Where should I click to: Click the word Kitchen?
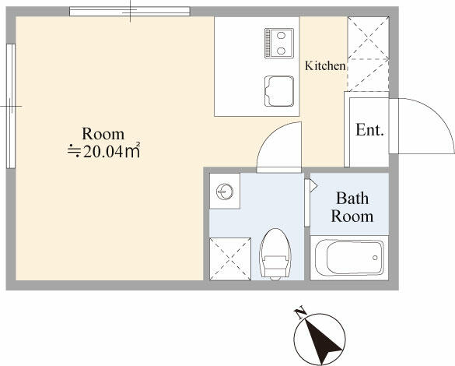click(x=325, y=65)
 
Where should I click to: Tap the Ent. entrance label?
click(x=369, y=130)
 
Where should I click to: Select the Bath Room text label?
click(x=352, y=207)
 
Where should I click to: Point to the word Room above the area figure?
click(x=103, y=134)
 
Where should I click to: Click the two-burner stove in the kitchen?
click(x=279, y=43)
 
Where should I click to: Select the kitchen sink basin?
click(x=279, y=91)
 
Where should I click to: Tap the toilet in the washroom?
click(x=275, y=254)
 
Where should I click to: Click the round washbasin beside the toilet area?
click(x=225, y=192)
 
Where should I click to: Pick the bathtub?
click(x=349, y=258)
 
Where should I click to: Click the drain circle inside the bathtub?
click(x=375, y=258)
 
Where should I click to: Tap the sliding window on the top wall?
click(x=130, y=11)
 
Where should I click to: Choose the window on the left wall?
click(x=11, y=106)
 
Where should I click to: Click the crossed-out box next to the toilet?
click(x=230, y=259)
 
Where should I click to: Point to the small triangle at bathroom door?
click(x=313, y=186)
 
